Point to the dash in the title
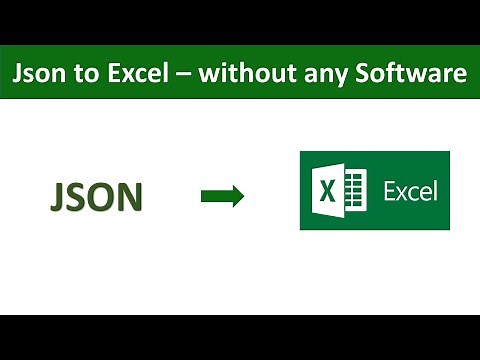coord(183,74)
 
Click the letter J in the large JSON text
coord(58,197)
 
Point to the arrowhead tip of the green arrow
coord(242,197)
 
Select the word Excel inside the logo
coord(410,190)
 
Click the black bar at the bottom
coord(240,337)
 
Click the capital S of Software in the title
coord(362,73)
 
